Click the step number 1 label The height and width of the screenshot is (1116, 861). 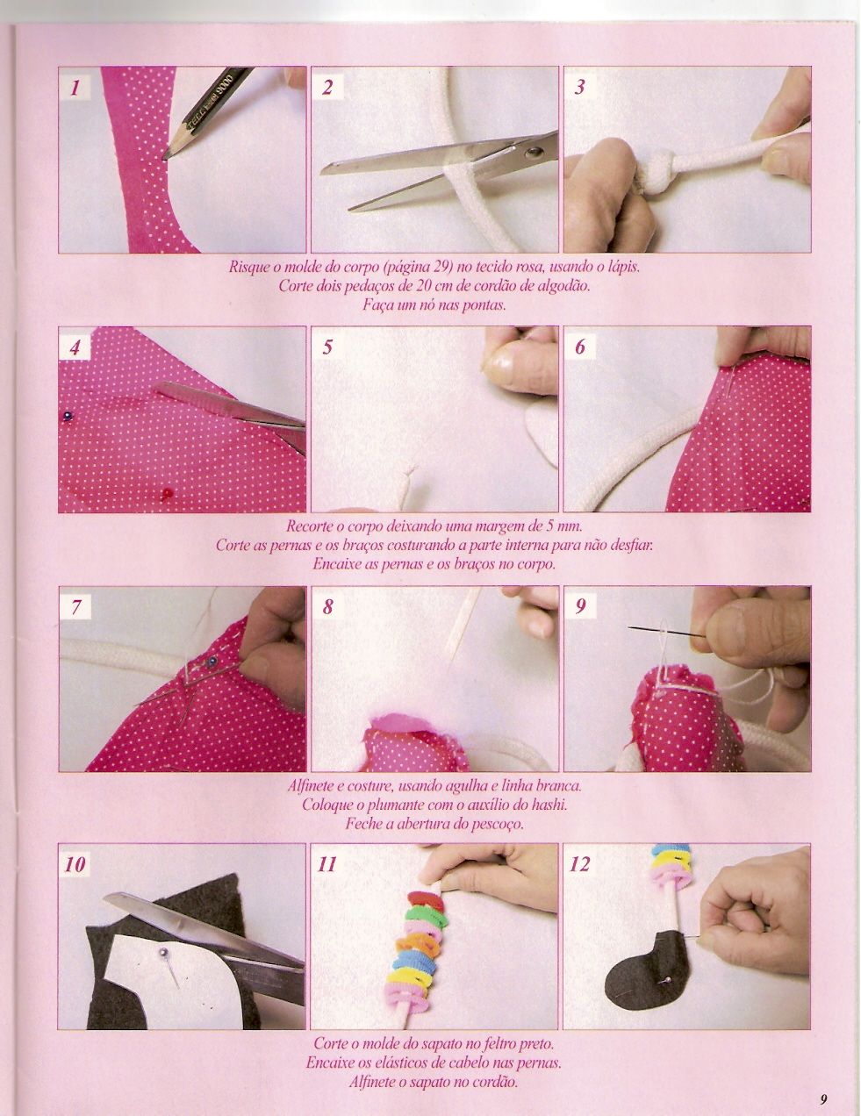(76, 87)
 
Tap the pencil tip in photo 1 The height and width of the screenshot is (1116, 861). (167, 156)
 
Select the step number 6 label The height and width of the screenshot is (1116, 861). (580, 347)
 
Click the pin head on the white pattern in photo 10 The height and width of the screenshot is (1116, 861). (163, 950)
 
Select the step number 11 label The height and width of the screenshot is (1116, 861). (327, 864)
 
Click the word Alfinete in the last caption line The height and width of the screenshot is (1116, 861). (371, 1082)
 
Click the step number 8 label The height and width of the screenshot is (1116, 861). (327, 606)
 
